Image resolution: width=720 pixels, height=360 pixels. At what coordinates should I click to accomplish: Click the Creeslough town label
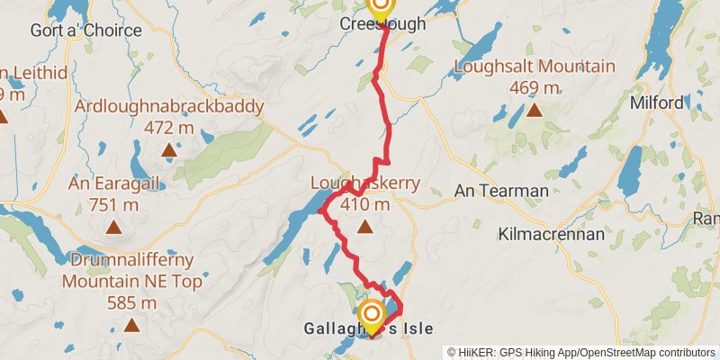coord(382,25)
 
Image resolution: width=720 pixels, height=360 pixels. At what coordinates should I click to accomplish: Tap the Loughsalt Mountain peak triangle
coord(534,111)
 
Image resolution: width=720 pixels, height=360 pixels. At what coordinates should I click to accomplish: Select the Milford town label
coord(658,103)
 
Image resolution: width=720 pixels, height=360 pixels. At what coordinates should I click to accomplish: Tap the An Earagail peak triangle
coord(113,227)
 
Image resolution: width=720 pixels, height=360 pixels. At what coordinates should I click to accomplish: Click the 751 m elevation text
coord(113,205)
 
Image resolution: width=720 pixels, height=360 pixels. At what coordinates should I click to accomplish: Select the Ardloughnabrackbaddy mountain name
coord(169,107)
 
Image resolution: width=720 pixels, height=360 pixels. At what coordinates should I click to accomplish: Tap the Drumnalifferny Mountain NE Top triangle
coord(131,325)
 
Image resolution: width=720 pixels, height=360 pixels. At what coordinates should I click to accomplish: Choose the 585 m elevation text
coord(131,302)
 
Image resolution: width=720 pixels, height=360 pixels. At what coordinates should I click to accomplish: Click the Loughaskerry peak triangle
coord(364,227)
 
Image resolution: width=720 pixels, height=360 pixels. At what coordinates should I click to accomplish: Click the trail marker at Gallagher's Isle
coord(371,315)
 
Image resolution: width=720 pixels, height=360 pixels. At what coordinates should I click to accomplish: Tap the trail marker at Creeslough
coord(381,8)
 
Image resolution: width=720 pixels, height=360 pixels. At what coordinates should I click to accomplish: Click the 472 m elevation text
coord(169,128)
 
